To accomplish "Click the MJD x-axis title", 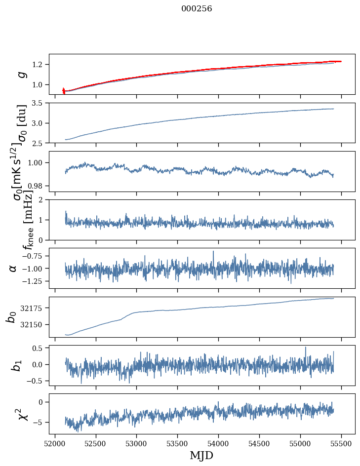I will point(201,455).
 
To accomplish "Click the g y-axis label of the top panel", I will point(21,74).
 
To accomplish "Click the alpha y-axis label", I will point(13,268).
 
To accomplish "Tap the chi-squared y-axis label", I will point(17,414).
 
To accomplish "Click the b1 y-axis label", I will point(17,365).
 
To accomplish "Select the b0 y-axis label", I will point(11,317).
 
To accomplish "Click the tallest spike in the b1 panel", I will point(305,347).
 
